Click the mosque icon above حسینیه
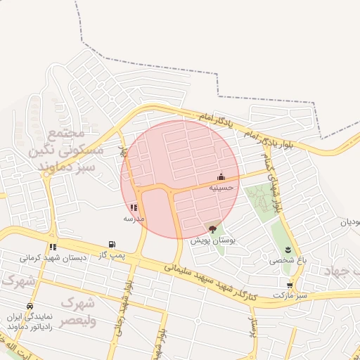click(221, 176)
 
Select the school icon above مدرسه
click(134, 207)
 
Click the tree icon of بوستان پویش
click(212, 229)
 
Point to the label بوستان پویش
click(212, 240)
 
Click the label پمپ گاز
click(113, 254)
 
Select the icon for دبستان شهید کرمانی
click(53, 247)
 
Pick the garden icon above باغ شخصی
click(287, 250)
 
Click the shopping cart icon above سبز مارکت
click(290, 285)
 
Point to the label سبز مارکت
click(292, 295)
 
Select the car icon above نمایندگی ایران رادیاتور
click(29, 307)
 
